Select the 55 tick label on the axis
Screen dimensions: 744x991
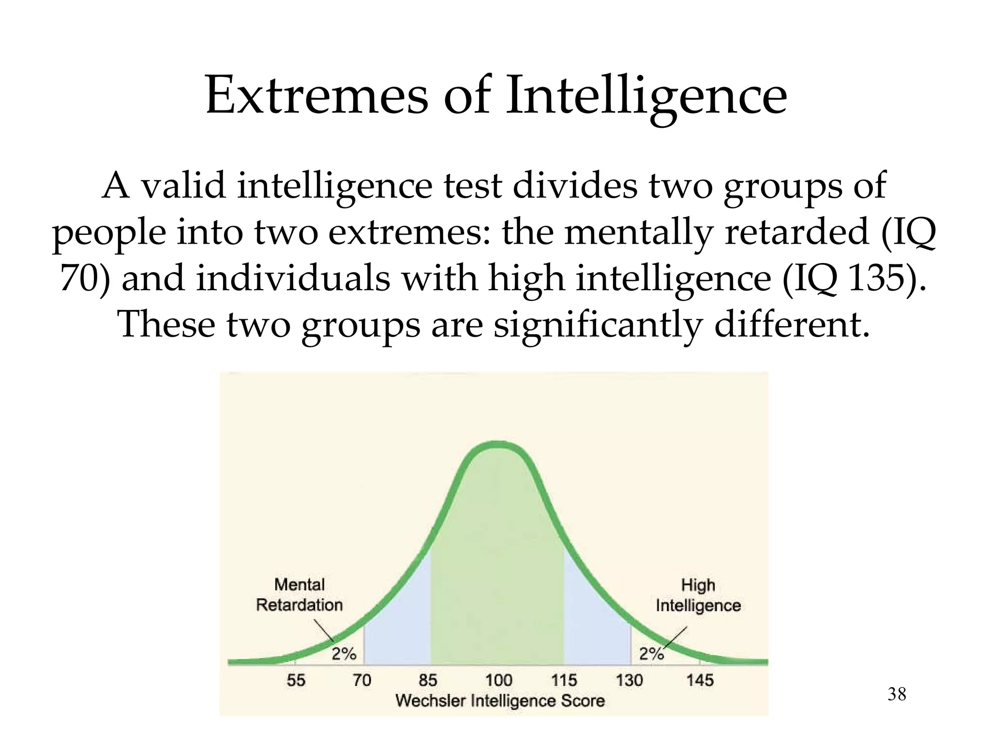(x=296, y=680)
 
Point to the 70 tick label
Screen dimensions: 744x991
(x=362, y=680)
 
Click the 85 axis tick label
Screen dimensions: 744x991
(x=428, y=680)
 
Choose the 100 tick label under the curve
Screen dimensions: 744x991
(x=498, y=680)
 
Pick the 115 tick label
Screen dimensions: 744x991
(x=564, y=680)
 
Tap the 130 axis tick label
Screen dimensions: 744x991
(x=630, y=680)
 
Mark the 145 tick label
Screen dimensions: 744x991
(x=700, y=680)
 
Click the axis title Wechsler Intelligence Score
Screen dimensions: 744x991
(x=500, y=701)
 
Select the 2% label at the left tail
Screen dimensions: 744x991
(x=344, y=654)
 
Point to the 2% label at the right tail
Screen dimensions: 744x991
(x=651, y=654)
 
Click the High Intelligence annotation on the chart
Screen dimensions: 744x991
(x=698, y=595)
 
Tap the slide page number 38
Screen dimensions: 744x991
(x=897, y=694)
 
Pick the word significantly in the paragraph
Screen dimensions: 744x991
(x=597, y=325)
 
